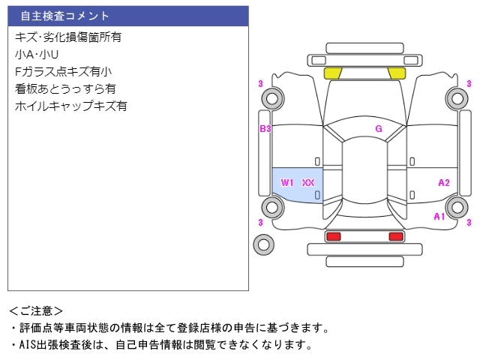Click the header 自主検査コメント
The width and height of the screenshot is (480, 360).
[x=64, y=16]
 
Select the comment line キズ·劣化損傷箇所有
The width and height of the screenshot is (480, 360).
[x=68, y=37]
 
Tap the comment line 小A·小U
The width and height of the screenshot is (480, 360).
[x=37, y=55]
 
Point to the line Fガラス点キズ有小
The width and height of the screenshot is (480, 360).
[x=63, y=72]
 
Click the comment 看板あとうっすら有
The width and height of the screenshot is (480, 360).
[x=65, y=88]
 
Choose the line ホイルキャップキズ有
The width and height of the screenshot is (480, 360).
[x=70, y=106]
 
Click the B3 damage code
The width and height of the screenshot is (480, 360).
[x=265, y=128]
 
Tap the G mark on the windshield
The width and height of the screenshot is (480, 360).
[x=379, y=128]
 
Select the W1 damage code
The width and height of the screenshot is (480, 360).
[x=287, y=183]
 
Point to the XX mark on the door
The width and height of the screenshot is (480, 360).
[x=308, y=183]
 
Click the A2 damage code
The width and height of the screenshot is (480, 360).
[x=444, y=183]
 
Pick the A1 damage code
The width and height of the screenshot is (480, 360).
[x=439, y=217]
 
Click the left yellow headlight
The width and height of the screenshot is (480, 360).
[x=333, y=73]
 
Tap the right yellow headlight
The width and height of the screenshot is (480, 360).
[x=397, y=73]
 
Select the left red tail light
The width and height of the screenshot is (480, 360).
[x=333, y=236]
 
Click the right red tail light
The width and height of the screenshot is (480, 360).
[x=396, y=236]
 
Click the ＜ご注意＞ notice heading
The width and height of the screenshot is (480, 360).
[x=36, y=311]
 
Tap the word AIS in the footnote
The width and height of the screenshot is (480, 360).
[x=28, y=345]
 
